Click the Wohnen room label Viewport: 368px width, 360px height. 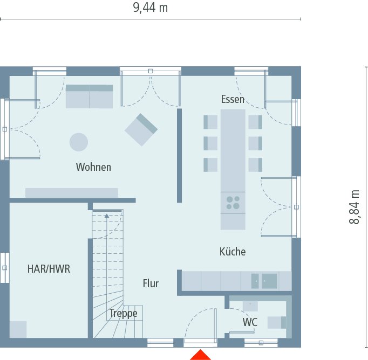click(x=93, y=167)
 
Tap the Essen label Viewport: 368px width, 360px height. click(x=233, y=99)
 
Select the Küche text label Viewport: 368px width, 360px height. click(x=233, y=251)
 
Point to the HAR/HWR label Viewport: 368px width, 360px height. click(x=49, y=269)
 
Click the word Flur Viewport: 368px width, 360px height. click(x=151, y=283)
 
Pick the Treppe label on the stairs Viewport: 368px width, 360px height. click(x=123, y=313)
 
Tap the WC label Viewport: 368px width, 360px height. click(x=249, y=322)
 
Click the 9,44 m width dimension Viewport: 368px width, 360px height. click(x=150, y=8)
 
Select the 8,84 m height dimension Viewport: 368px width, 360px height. click(x=355, y=207)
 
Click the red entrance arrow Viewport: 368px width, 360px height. click(x=200, y=355)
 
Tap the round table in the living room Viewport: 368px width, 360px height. click(x=79, y=142)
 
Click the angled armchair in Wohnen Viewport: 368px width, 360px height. click(x=141, y=129)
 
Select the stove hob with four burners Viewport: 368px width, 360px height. click(x=233, y=203)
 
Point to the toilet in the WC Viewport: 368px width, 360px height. click(x=276, y=322)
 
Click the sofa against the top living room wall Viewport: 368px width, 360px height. click(x=89, y=96)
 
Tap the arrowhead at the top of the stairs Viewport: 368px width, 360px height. click(x=107, y=216)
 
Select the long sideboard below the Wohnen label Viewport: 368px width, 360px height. click(x=71, y=192)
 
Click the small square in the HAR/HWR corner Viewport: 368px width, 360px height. click(x=17, y=329)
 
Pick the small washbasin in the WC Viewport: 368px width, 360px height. click(x=250, y=306)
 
